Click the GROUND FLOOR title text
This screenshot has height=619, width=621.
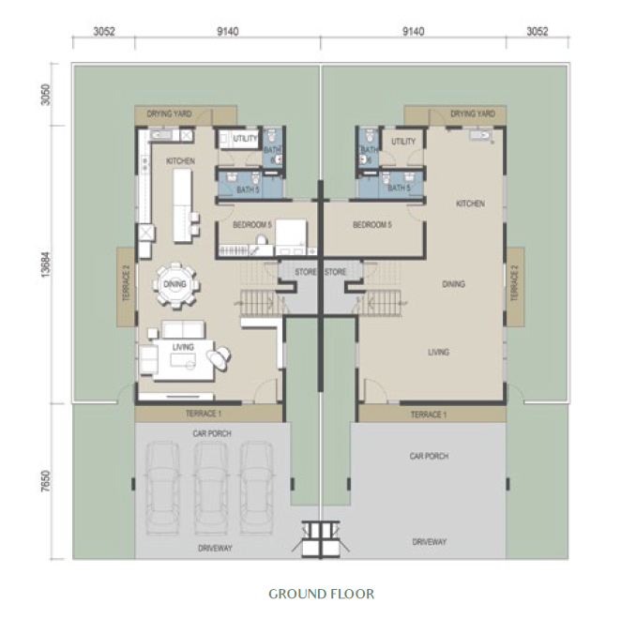point(321,594)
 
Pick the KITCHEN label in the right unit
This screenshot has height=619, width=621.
point(470,204)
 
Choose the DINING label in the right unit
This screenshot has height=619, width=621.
point(454,283)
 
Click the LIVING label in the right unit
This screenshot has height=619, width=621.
point(438,353)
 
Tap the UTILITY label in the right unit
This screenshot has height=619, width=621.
point(403,142)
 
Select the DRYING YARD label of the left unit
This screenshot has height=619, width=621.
point(170,113)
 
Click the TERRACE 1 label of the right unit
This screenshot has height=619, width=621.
point(429,414)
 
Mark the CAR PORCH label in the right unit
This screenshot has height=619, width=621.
point(429,457)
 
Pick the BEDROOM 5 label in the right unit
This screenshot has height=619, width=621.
point(371,225)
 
